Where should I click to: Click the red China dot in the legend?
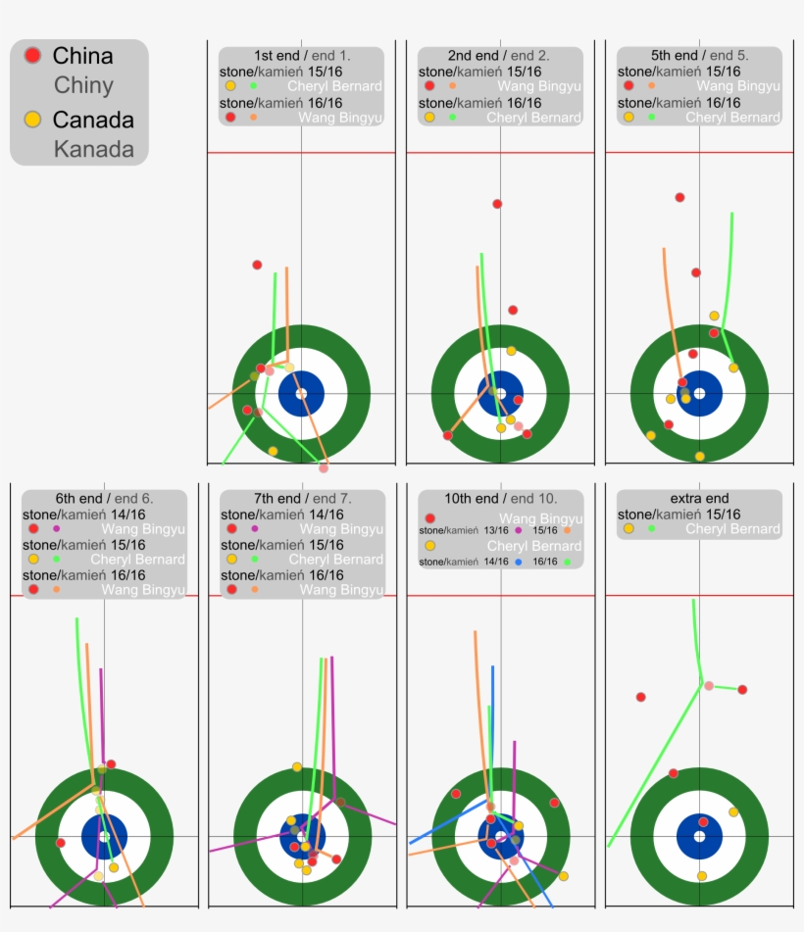tap(32, 56)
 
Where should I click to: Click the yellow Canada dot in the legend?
tap(32, 120)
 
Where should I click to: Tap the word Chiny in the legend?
tap(83, 85)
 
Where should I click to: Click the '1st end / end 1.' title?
tap(301, 56)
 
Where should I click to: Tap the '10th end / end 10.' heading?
tap(500, 498)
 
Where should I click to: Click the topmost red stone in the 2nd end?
tap(497, 204)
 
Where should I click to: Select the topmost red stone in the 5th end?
tap(679, 197)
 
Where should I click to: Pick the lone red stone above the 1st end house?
tap(257, 265)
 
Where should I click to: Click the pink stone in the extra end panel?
tap(709, 685)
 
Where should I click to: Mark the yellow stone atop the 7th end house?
tap(297, 766)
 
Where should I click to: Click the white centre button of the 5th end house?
tap(699, 393)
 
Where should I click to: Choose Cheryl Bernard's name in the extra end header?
tap(732, 529)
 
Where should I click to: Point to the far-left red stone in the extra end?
tap(641, 697)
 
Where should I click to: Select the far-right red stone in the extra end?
tap(742, 689)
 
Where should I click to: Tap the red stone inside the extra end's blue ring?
tap(703, 821)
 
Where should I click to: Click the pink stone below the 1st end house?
tap(324, 467)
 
